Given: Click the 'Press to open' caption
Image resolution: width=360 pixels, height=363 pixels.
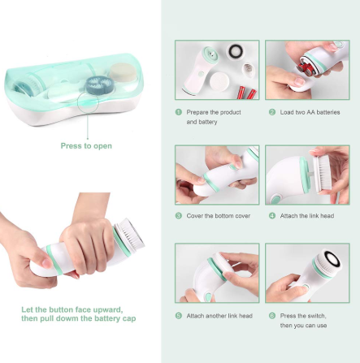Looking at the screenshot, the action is pyautogui.click(x=86, y=146).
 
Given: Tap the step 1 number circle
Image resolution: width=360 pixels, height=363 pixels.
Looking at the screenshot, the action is pyautogui.click(x=179, y=112).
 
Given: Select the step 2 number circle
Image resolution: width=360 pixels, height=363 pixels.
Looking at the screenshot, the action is pyautogui.click(x=272, y=112).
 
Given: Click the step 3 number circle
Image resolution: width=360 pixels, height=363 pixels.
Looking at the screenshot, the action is pyautogui.click(x=179, y=216).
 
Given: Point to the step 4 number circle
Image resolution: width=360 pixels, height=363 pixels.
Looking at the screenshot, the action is pyautogui.click(x=272, y=216).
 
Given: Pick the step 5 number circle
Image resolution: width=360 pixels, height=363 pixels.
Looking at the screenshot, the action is pyautogui.click(x=179, y=316).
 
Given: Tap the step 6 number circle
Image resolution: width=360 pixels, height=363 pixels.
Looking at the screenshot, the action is pyautogui.click(x=272, y=316).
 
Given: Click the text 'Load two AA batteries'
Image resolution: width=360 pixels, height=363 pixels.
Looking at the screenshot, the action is pyautogui.click(x=310, y=112).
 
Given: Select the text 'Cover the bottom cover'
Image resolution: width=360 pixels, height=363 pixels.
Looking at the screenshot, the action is pyautogui.click(x=219, y=216).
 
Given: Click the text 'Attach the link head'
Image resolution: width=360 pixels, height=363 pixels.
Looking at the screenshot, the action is pyautogui.click(x=307, y=216).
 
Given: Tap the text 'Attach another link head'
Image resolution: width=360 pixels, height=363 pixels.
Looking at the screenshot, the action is pyautogui.click(x=219, y=316).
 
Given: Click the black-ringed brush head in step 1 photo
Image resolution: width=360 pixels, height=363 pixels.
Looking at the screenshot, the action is pyautogui.click(x=236, y=51).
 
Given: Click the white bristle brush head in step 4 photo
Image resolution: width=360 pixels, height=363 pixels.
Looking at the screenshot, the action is pyautogui.click(x=323, y=174).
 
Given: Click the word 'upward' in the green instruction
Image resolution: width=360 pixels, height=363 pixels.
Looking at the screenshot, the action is pyautogui.click(x=107, y=309).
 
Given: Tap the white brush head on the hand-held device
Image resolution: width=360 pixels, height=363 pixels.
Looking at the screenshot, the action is pyautogui.click(x=130, y=236).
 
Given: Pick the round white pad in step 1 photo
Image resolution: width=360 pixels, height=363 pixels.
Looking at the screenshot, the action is pyautogui.click(x=219, y=81).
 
